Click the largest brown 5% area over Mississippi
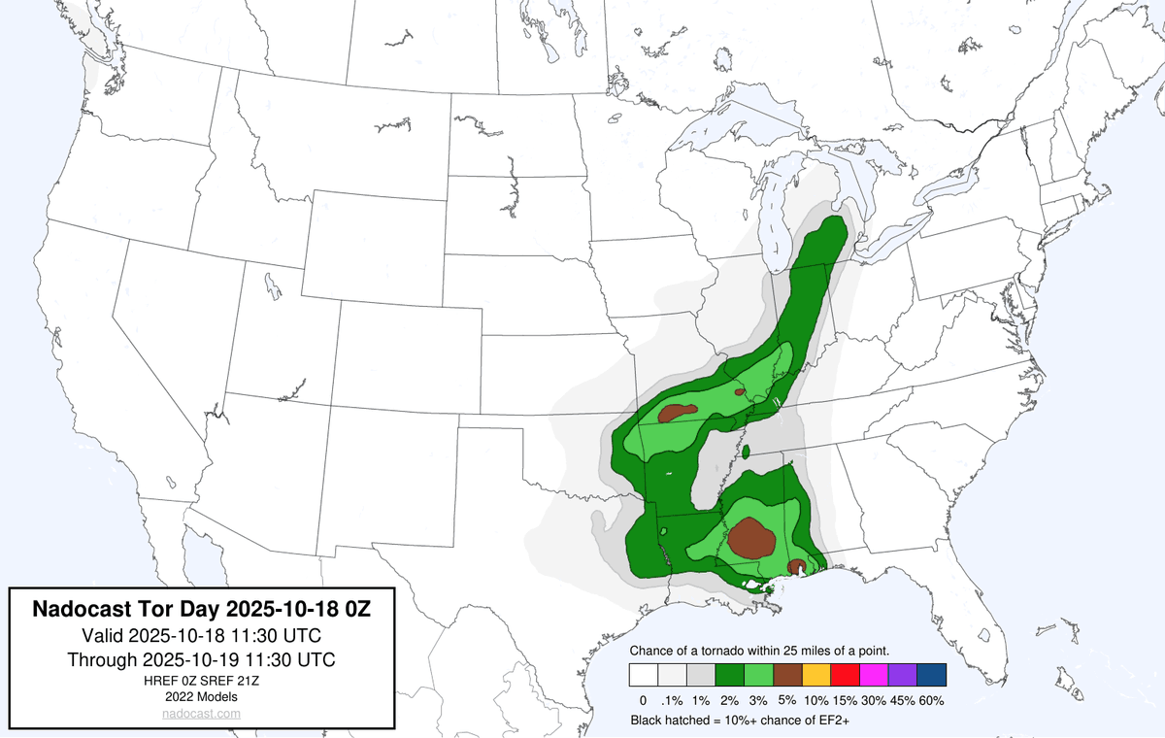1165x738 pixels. coord(750,537)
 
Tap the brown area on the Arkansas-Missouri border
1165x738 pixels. coord(679,413)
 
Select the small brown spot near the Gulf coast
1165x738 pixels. coord(795,566)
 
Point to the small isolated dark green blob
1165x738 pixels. coord(747,451)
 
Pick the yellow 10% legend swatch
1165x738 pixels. coord(815,675)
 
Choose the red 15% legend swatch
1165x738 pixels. coord(844,675)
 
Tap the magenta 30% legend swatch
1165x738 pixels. coord(873,675)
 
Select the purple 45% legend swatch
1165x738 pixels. coord(902,675)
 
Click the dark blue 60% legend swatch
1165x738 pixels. coord(931,675)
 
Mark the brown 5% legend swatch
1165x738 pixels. coord(786,675)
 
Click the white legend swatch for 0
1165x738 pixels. coord(643,675)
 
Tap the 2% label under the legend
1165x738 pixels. coord(729,700)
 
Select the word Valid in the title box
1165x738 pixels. coord(101,636)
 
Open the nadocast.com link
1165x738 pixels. coord(202,714)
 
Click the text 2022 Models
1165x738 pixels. coord(202,696)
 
